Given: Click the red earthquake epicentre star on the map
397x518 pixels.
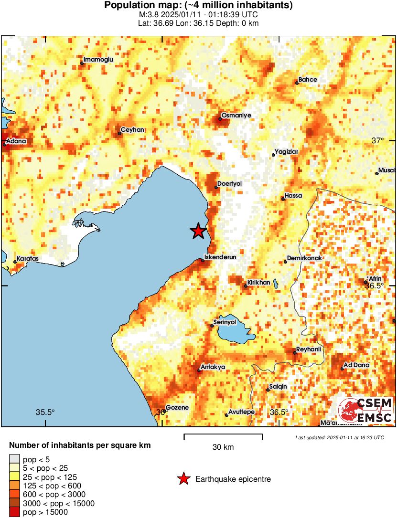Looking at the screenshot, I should tap(198, 231).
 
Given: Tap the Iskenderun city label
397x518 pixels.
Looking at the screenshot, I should tap(220, 257).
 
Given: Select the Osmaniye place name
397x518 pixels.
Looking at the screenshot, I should tap(236, 116).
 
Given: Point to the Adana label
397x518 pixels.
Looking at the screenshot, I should tap(16, 141).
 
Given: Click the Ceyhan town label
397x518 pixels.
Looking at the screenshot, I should tap(133, 130).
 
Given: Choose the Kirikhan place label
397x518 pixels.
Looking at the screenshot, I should tap(258, 283).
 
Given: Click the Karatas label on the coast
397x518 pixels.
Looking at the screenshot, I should tap(27, 259).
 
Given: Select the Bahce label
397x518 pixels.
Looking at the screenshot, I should tap(308, 80).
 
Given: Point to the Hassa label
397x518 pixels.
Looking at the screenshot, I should tap(293, 195).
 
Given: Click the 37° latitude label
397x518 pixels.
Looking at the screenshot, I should tap(378, 140).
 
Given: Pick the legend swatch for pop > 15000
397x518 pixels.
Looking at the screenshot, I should tap(14, 512).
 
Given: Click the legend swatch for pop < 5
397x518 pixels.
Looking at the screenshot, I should tap(14, 459).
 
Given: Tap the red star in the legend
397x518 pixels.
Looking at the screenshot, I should tap(183, 479).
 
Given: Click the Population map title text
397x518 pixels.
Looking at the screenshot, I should tap(198, 5).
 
